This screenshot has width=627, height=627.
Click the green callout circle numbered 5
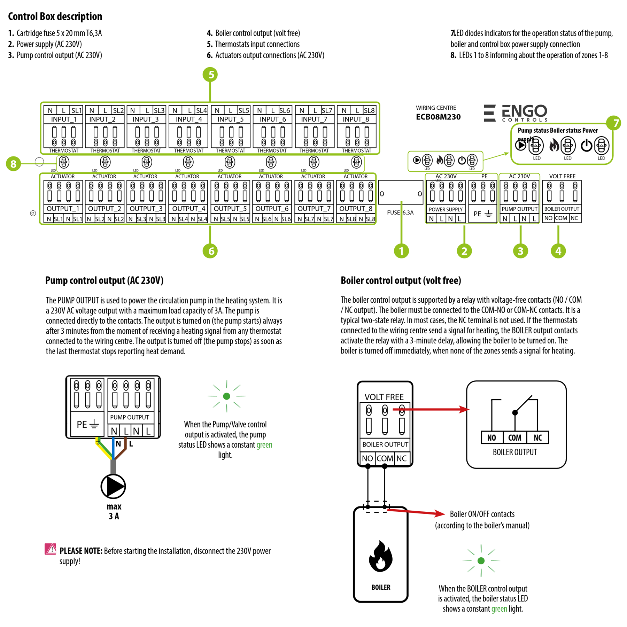tap(210, 75)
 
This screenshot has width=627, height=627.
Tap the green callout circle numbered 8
tap(13, 164)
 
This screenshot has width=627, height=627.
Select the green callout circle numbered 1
tap(401, 251)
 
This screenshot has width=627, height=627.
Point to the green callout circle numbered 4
tap(558, 251)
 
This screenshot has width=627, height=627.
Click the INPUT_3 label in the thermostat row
tap(146, 119)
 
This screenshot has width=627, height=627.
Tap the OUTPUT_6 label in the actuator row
tap(272, 209)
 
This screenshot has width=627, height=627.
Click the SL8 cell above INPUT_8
tap(369, 110)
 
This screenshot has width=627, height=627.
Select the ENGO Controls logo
tap(516, 113)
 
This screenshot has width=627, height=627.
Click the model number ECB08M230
tap(438, 117)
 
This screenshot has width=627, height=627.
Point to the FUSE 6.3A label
tap(400, 212)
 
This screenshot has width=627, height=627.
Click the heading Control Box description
tap(55, 16)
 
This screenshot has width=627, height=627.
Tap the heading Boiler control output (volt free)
tap(401, 280)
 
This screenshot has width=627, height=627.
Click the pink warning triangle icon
tap(50, 549)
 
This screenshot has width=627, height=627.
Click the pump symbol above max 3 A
tap(113, 486)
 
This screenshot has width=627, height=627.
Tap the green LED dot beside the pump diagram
tap(226, 396)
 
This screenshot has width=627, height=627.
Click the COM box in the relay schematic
tap(514, 438)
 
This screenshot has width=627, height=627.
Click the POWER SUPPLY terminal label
tap(446, 209)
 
